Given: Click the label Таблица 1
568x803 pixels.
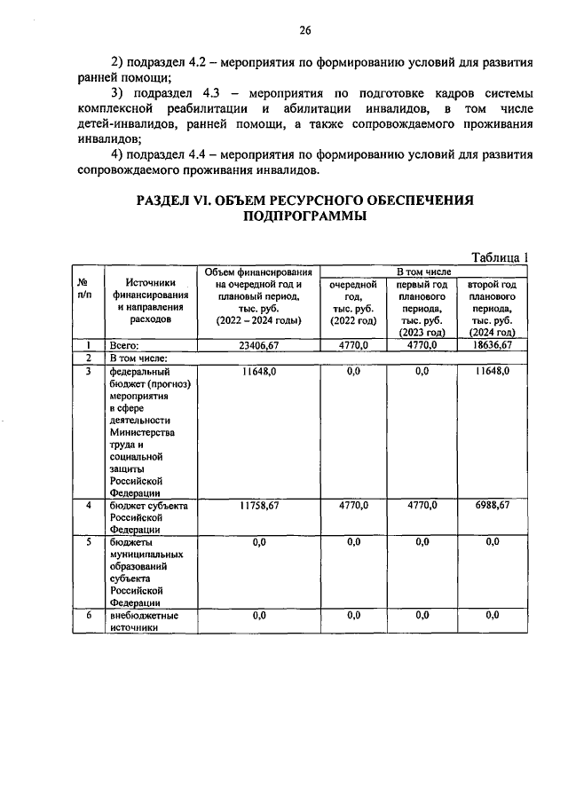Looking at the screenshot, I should (x=500, y=256).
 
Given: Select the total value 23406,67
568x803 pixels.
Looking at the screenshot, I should (x=258, y=344).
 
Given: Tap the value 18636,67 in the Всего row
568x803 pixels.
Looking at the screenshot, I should (x=493, y=344).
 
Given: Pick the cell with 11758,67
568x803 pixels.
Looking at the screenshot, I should (x=258, y=505).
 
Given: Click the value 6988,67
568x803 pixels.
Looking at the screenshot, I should (x=493, y=505).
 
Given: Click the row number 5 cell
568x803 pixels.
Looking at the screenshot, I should (x=88, y=542).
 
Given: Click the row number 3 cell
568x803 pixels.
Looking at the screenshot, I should (x=88, y=371).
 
